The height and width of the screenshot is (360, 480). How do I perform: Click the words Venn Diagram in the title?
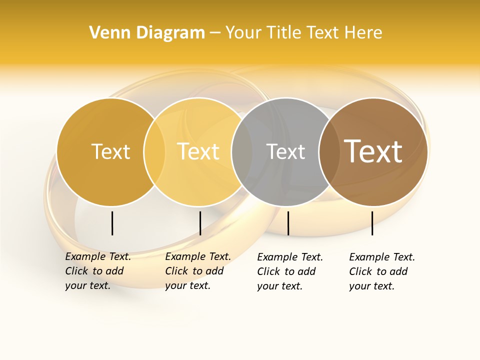147,33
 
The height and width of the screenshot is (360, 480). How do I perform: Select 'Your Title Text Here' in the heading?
303,33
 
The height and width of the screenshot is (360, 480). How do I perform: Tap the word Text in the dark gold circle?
110,151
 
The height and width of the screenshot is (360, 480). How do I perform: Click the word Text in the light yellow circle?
198,151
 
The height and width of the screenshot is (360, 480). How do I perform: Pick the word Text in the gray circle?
285,151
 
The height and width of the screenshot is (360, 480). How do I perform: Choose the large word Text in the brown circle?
373,151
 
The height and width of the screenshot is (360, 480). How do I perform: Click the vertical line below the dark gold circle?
112,223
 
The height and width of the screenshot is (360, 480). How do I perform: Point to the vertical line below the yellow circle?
200,223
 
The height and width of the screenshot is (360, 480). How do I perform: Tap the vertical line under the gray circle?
288,223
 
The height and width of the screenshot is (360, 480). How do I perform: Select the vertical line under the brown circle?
372,223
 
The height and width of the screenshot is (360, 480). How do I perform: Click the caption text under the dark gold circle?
98,271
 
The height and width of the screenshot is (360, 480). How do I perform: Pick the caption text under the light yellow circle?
198,271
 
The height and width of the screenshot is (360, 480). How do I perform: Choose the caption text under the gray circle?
290,271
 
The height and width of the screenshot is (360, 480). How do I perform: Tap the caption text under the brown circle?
382,271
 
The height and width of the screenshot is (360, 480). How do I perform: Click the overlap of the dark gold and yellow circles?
154,152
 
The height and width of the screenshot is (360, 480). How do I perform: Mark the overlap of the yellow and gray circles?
242,152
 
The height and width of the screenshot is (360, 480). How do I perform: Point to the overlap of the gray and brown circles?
328,152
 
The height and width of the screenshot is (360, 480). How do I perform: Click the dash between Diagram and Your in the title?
215,33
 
